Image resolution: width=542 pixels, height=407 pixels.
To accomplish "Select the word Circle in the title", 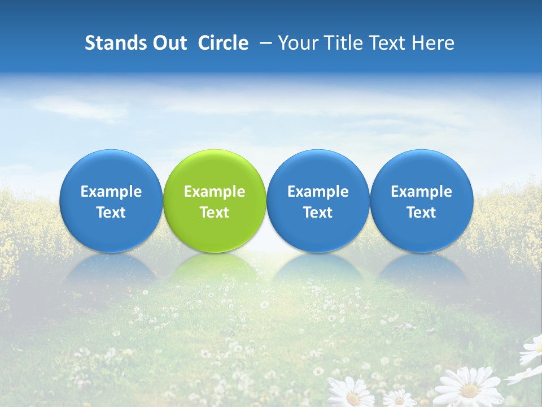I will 224,43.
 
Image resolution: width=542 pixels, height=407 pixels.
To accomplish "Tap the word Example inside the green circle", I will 215,192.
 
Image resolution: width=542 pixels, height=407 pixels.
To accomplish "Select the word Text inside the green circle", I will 215,213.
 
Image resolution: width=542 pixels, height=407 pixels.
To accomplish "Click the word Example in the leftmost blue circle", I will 111,192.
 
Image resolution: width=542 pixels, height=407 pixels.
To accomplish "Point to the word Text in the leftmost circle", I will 111,213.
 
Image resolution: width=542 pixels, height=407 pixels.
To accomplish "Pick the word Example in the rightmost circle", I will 421,192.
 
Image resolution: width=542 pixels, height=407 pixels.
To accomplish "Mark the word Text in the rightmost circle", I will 421,213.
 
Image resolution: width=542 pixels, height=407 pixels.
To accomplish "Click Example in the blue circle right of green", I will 318,192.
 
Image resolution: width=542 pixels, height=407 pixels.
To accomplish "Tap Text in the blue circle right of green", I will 318,213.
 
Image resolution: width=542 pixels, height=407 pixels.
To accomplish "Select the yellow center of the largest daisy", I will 469,389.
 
